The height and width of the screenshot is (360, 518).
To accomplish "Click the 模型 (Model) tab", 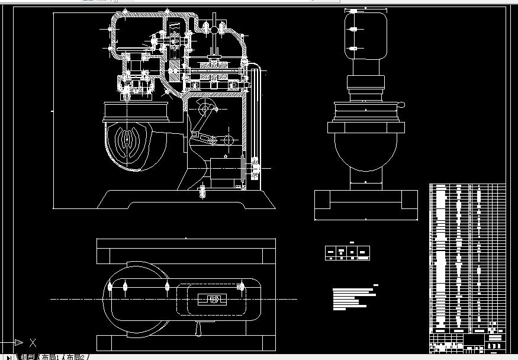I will click(28, 356).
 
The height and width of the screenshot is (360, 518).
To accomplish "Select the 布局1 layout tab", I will click(50, 356).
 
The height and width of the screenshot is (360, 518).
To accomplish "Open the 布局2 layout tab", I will click(77, 356).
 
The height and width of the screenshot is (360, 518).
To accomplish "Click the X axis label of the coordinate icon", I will click(33, 342).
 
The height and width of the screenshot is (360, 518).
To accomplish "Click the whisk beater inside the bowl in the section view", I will click(131, 143).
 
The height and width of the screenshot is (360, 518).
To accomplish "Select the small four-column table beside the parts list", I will click(348, 253).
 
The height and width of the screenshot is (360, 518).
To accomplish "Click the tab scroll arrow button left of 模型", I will click(8, 356).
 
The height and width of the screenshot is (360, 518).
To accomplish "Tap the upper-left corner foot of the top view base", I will click(104, 256).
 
